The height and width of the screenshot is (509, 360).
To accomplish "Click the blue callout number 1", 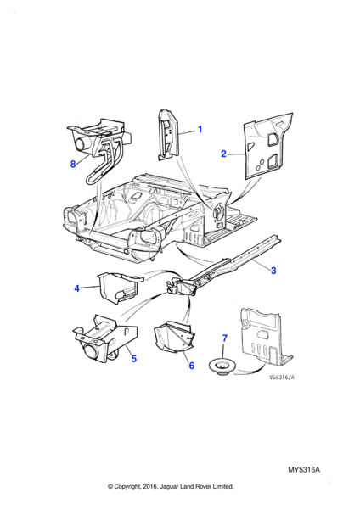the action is [200, 129].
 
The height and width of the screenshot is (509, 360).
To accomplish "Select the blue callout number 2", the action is [223, 154].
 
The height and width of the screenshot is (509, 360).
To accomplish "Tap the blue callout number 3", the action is [273, 270].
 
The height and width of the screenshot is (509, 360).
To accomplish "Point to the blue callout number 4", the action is [76, 288].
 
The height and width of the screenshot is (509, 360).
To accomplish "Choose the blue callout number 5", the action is [134, 359].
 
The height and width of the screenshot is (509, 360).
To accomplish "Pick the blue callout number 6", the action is [192, 366].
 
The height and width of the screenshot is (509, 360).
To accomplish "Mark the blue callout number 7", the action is [225, 338].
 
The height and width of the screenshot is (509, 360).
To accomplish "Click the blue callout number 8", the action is [73, 164].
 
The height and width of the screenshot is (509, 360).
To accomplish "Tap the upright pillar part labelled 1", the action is [168, 135].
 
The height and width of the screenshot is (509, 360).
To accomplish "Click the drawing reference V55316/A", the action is [282, 378].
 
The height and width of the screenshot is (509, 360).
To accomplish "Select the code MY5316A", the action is [304, 470].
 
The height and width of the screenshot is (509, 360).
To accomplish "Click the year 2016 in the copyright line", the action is [149, 486].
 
